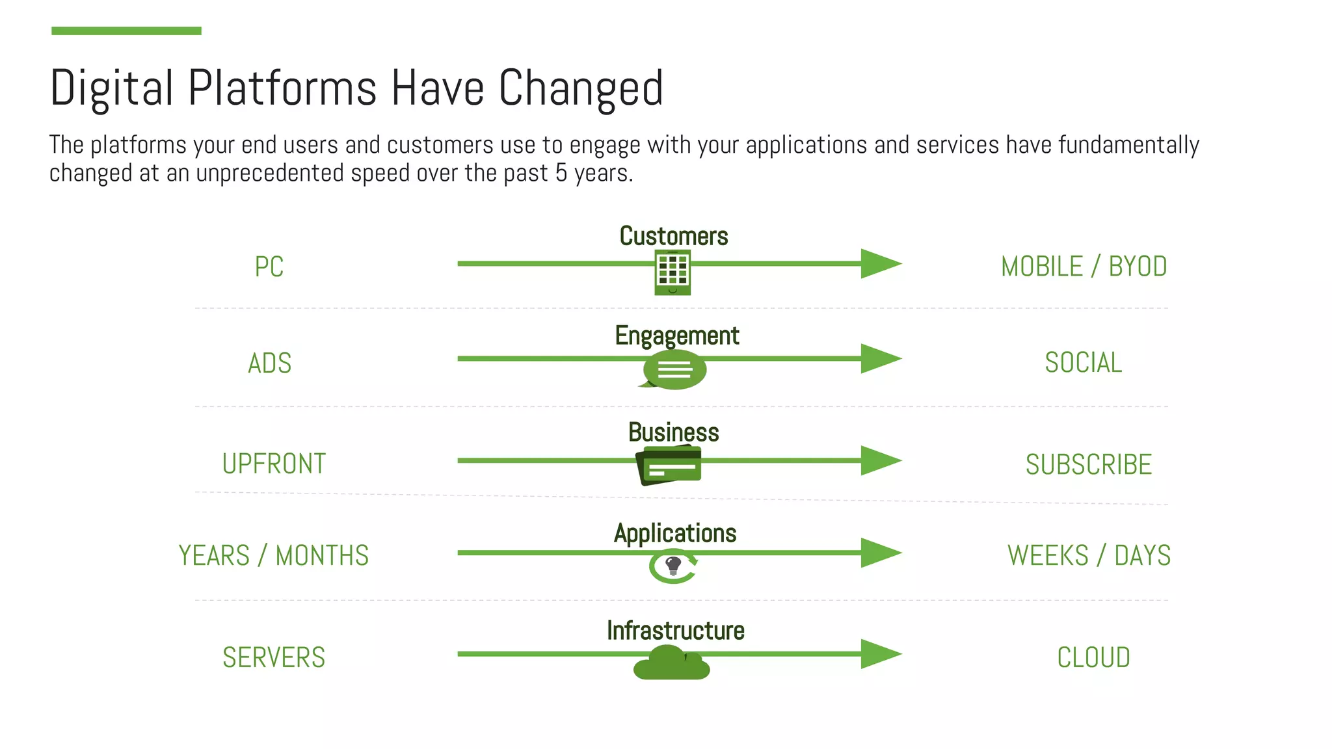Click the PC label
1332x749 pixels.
click(269, 267)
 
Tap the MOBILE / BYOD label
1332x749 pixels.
click(1084, 267)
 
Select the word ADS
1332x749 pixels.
click(269, 363)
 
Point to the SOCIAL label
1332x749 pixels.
click(1083, 363)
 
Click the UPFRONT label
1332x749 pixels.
click(274, 464)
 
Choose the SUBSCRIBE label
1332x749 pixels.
click(1088, 465)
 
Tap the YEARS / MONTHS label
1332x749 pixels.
click(273, 556)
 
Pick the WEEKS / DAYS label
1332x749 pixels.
click(1089, 556)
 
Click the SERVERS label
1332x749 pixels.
click(274, 657)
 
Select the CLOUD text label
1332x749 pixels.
click(1093, 657)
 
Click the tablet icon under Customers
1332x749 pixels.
click(673, 272)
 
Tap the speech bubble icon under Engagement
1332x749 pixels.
click(674, 370)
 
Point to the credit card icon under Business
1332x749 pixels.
click(669, 466)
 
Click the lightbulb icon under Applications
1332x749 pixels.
click(673, 566)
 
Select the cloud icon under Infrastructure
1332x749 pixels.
click(671, 664)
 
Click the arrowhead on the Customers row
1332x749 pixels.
click(879, 263)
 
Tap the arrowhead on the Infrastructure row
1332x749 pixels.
click(879, 653)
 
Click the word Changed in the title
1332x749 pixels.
click(580, 88)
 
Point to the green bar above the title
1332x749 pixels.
click(126, 31)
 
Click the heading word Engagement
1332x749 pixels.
click(676, 336)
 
